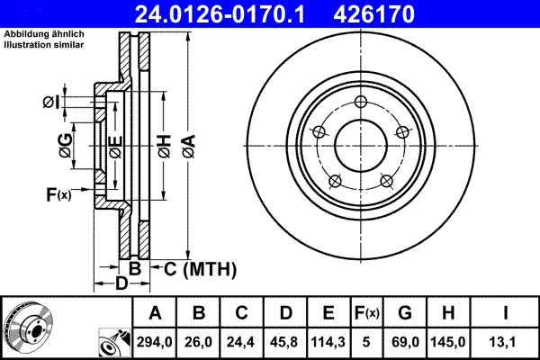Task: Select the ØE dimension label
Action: click(114, 144)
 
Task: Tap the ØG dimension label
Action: click(66, 144)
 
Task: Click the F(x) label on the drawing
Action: click(58, 194)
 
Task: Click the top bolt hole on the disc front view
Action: click(360, 101)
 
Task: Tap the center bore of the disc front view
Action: click(360, 145)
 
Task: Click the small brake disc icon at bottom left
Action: click(28, 325)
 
